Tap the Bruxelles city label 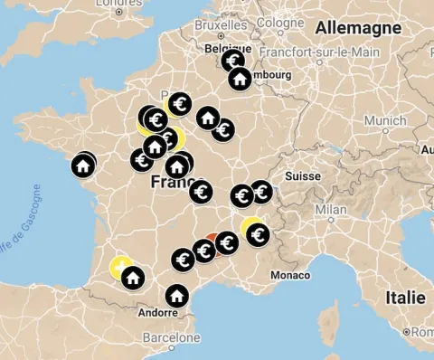tap(220, 26)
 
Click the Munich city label tap(385, 120)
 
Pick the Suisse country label tap(303, 176)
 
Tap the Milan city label tap(331, 210)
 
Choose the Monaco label tap(289, 275)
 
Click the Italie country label tap(405, 298)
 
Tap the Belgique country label tap(227, 48)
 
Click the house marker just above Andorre tap(176, 295)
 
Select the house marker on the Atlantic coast tap(83, 166)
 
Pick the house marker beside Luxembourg tap(240, 79)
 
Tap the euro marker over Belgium tap(233, 62)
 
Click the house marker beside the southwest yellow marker tap(133, 277)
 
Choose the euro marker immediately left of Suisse tap(261, 191)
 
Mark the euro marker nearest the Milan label tap(259, 236)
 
